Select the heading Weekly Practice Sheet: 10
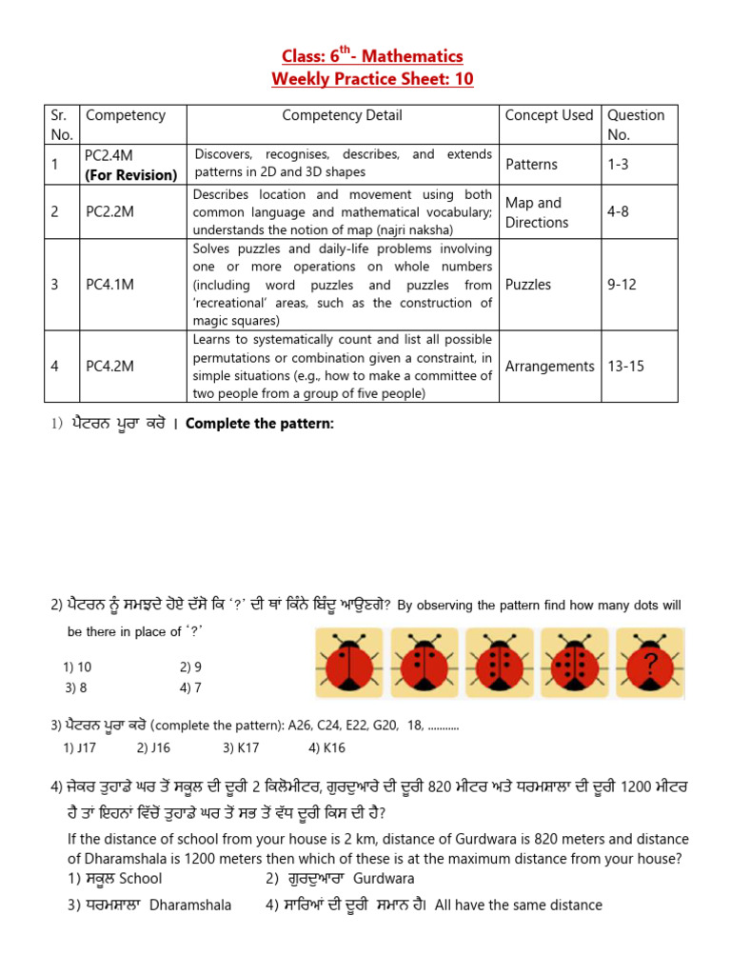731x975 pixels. [372, 79]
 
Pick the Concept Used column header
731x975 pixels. [549, 115]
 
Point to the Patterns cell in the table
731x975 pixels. [531, 164]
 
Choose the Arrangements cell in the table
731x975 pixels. [549, 366]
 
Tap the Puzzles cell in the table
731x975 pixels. [528, 284]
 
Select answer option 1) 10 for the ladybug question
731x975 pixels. [78, 667]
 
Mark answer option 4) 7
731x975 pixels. [190, 686]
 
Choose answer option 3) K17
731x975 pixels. [241, 747]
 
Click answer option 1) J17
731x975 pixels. [81, 747]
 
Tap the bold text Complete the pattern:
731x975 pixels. [260, 423]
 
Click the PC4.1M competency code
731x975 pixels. [109, 284]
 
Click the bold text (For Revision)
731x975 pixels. [131, 174]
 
